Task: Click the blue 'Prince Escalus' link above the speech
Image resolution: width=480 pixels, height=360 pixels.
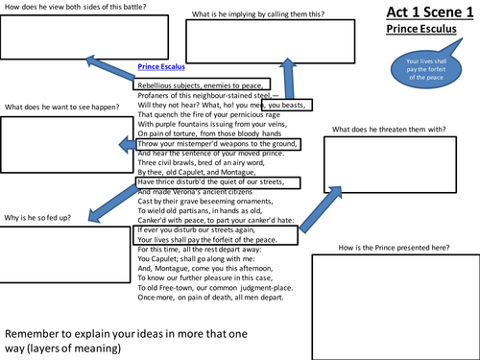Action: [161, 68]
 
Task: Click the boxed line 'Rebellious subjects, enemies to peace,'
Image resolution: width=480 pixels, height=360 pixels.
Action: [202, 84]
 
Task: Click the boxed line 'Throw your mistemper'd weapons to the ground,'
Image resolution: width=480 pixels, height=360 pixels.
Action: [219, 144]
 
